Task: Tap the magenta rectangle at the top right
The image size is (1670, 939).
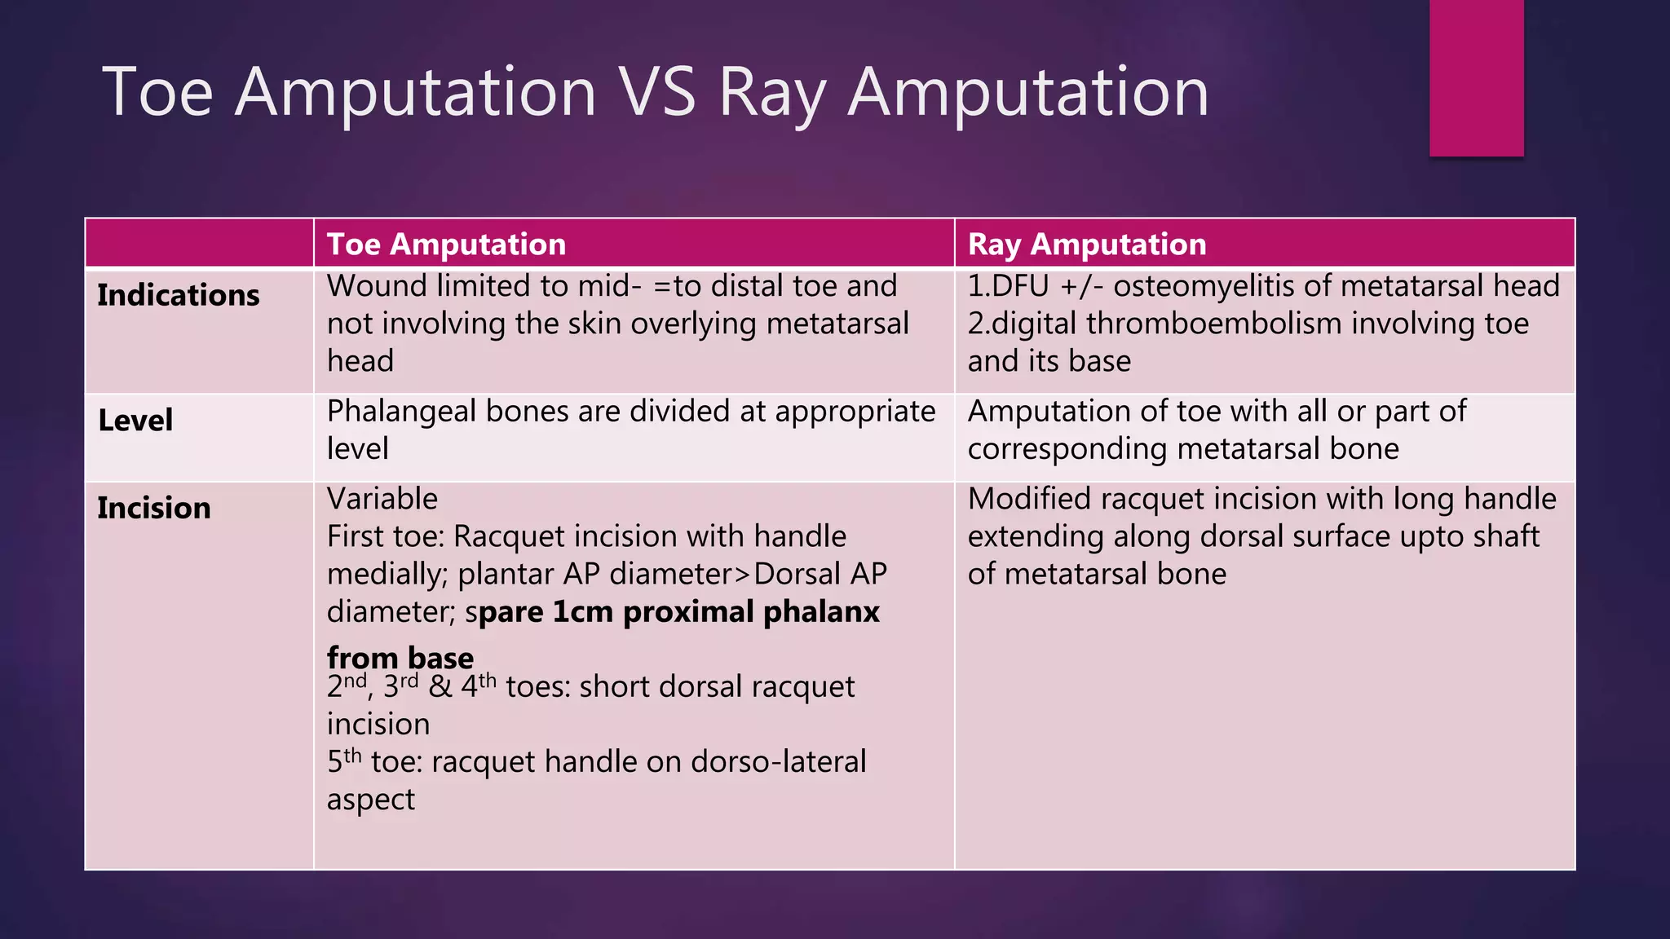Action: [x=1476, y=77]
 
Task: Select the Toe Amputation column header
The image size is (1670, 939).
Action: [x=446, y=245]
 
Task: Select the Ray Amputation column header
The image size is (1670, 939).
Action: [x=1086, y=245]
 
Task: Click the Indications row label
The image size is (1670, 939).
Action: [x=178, y=295]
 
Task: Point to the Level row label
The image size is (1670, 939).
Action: [x=135, y=421]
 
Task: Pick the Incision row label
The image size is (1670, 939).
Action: [x=153, y=508]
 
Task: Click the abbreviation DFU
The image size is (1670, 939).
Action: [x=1020, y=286]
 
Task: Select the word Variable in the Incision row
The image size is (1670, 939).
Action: [x=382, y=499]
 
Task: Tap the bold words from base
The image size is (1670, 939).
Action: [x=400, y=657]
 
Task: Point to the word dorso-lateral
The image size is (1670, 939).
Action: [x=778, y=762]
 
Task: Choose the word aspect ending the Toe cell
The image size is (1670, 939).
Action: [x=370, y=800]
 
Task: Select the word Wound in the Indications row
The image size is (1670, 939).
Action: [x=377, y=286]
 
